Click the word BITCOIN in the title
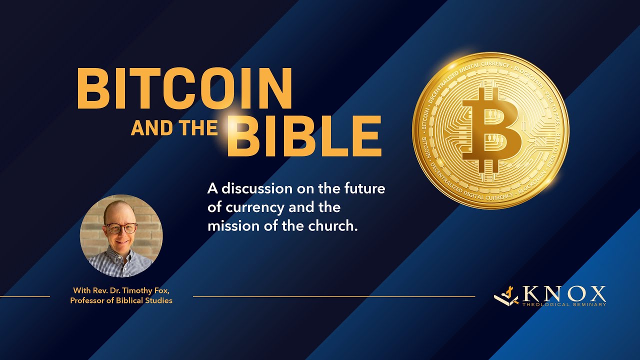(x=184, y=88)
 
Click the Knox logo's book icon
(x=506, y=296)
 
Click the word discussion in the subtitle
(x=263, y=189)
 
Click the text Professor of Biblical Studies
(x=121, y=300)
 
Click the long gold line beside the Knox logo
(x=334, y=296)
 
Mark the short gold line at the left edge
(x=25, y=296)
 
